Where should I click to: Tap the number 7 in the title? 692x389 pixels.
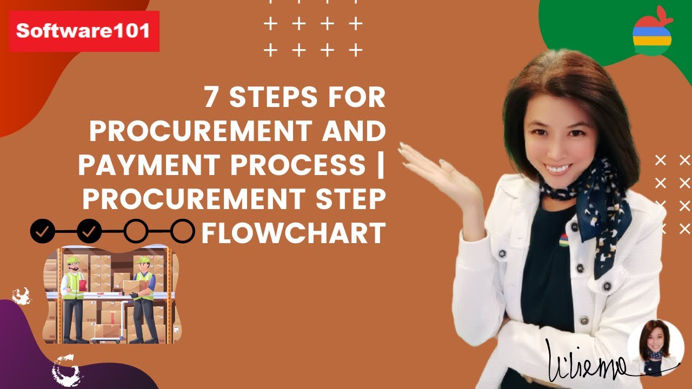[212, 98]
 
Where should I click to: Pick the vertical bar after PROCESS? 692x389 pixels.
[381, 165]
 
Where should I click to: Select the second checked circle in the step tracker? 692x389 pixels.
[89, 231]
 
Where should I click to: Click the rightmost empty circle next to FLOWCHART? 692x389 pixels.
[183, 231]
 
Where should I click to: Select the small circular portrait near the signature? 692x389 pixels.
[656, 348]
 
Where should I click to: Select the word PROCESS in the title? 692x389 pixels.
[298, 165]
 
